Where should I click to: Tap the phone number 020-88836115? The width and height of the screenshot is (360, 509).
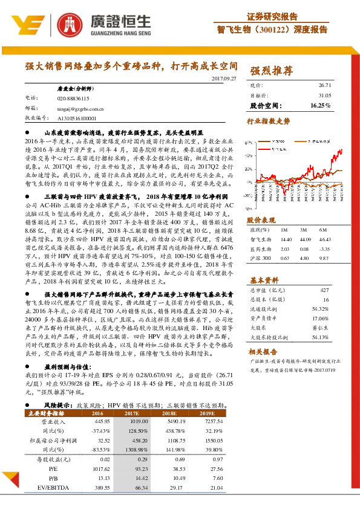coord(73,97)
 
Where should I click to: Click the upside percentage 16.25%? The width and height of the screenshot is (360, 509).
coord(321,105)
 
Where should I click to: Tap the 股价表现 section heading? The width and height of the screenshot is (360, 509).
coord(261,220)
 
